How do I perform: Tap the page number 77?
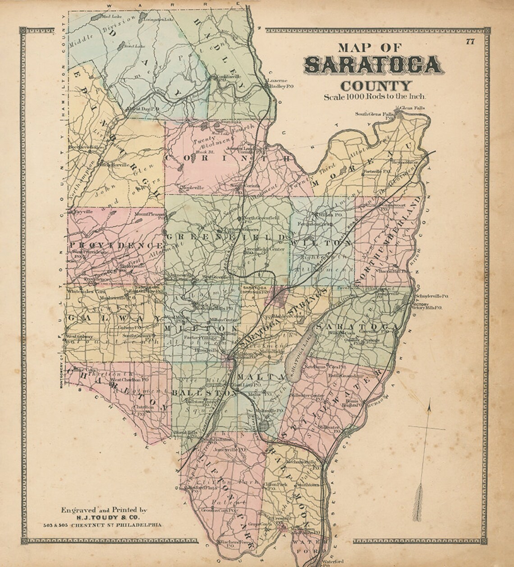click(470, 42)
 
